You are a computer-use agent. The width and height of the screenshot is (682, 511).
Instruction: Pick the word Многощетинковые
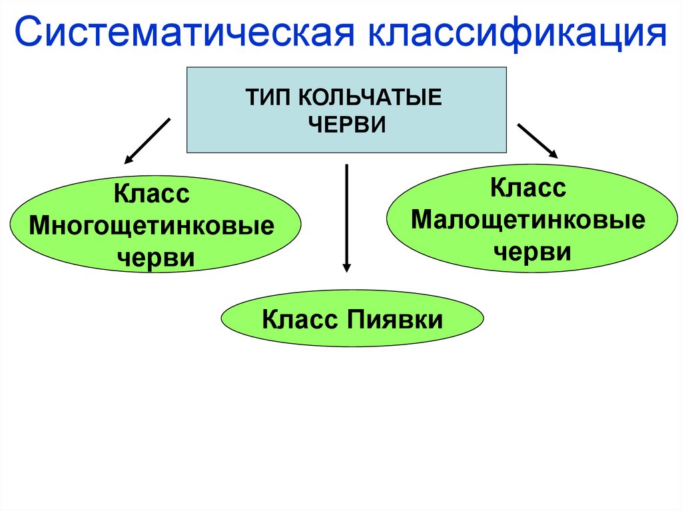[x=152, y=226]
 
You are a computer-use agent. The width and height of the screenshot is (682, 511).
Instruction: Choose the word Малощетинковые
[x=528, y=220]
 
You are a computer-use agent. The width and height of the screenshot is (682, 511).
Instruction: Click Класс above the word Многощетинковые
[x=152, y=195]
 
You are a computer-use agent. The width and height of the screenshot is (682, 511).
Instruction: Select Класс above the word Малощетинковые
[x=528, y=189]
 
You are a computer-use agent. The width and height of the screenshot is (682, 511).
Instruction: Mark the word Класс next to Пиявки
[x=299, y=319]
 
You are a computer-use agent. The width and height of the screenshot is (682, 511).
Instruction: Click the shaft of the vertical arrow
[x=346, y=213]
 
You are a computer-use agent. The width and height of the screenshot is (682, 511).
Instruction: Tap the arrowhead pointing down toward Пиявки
[x=346, y=266]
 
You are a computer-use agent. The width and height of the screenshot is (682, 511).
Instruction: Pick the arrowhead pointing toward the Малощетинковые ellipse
[x=554, y=153]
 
